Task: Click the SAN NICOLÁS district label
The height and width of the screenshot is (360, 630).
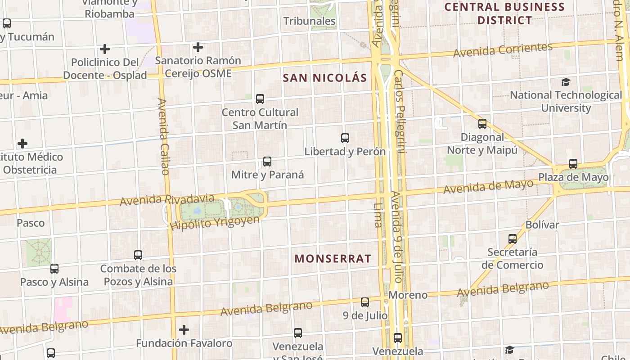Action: (x=325, y=78)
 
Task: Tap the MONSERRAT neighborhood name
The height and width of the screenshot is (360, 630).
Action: (x=333, y=258)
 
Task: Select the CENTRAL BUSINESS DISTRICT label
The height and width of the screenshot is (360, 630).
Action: (x=504, y=13)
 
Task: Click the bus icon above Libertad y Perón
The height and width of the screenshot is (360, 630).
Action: (x=345, y=138)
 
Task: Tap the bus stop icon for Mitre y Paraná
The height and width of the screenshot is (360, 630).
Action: (x=267, y=162)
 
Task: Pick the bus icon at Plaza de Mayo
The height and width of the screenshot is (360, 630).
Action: (x=573, y=164)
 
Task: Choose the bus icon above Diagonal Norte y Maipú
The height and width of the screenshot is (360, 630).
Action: (x=482, y=124)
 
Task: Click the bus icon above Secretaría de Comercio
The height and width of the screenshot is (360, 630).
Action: (x=513, y=239)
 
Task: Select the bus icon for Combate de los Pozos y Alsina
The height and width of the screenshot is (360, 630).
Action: (x=138, y=255)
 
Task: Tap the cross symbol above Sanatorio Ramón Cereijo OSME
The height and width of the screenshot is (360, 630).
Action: (x=198, y=47)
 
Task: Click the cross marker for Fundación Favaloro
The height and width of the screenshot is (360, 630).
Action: (x=184, y=330)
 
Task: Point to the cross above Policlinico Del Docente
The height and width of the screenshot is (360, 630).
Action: (x=105, y=49)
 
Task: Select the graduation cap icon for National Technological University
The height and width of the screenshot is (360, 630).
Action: (x=566, y=82)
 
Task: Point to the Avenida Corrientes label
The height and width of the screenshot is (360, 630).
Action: (x=503, y=50)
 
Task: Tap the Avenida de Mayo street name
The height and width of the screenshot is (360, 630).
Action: (x=488, y=186)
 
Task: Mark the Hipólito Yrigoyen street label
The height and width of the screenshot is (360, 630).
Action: (x=215, y=223)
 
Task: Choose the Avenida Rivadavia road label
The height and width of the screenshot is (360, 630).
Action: (x=167, y=199)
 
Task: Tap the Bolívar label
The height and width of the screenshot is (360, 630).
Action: (x=542, y=225)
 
